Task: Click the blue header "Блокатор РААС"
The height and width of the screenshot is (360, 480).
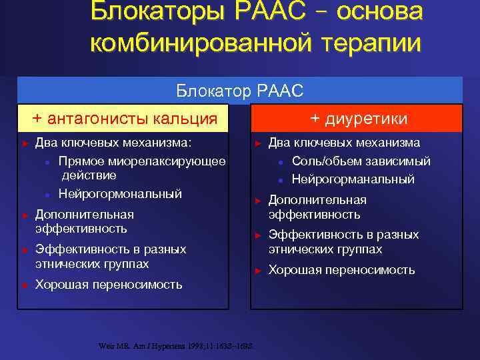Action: pos(239,89)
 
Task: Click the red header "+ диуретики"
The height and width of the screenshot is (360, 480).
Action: pos(359,118)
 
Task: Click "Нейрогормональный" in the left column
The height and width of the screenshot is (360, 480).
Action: pos(120,194)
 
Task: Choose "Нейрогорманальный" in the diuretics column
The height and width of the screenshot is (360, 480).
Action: pos(353,179)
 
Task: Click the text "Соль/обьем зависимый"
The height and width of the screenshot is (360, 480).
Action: pos(361,161)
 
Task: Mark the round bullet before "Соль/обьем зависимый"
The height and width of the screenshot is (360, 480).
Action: pos(281,162)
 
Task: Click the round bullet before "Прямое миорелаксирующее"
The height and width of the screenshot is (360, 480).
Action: pos(47,162)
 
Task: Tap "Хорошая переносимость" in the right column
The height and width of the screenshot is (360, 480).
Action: pos(341,270)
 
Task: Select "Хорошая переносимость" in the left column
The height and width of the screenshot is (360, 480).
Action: pos(108,285)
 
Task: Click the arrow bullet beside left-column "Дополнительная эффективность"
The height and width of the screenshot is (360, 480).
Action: pos(24,215)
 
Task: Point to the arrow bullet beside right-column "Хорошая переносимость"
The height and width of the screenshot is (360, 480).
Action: pos(257,271)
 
